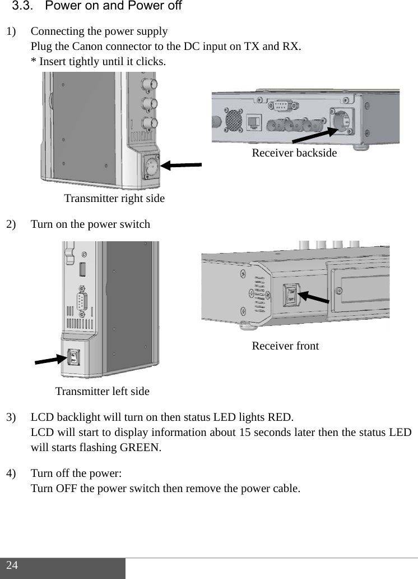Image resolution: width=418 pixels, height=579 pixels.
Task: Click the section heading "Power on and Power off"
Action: pos(115,7)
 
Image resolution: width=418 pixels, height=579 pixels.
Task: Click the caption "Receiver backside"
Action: pos(294,153)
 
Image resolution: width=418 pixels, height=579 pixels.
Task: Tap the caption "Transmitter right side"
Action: pos(114,199)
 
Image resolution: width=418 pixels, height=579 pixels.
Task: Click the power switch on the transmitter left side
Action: pos(73,357)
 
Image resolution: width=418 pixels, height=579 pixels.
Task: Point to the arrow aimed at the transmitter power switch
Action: pos(50,360)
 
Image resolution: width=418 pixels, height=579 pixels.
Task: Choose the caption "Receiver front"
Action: pos(285,346)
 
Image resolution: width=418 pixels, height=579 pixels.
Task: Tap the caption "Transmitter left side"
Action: pos(102,391)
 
